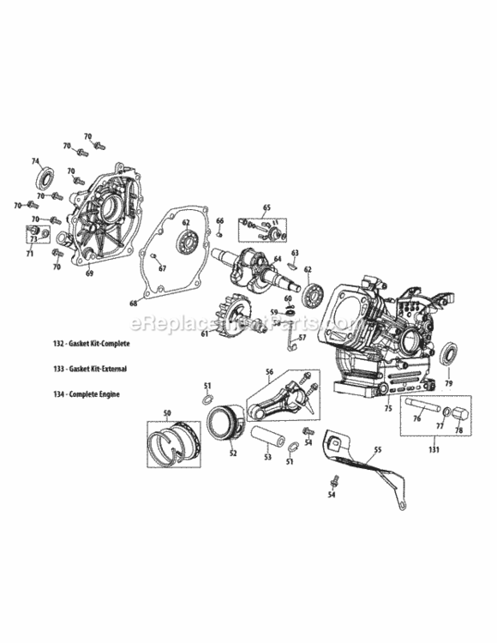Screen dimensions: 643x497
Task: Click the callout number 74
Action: (x=35, y=161)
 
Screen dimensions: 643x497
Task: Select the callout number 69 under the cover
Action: (x=88, y=273)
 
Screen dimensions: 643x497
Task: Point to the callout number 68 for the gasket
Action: (x=133, y=303)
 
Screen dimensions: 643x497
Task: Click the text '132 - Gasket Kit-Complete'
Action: (x=95, y=343)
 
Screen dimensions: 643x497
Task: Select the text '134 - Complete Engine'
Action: (x=87, y=394)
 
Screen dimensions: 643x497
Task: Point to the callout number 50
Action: (x=167, y=414)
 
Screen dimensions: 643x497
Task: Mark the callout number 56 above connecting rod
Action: (x=268, y=372)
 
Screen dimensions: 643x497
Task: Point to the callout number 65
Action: (x=266, y=208)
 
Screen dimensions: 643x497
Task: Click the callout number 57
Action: (x=302, y=339)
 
